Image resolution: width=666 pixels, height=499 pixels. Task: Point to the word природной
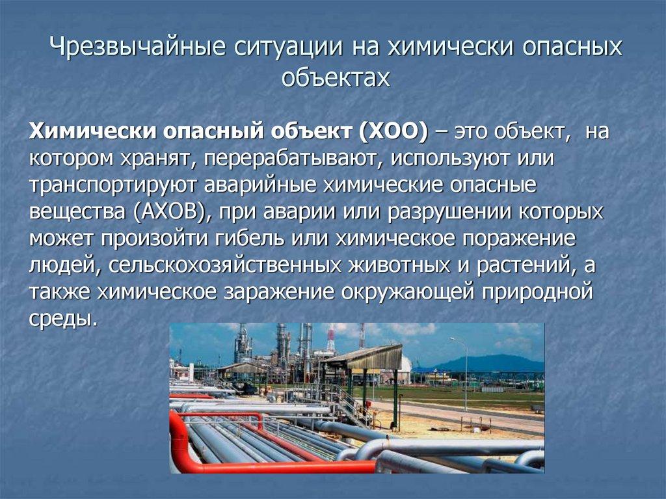point(537,292)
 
